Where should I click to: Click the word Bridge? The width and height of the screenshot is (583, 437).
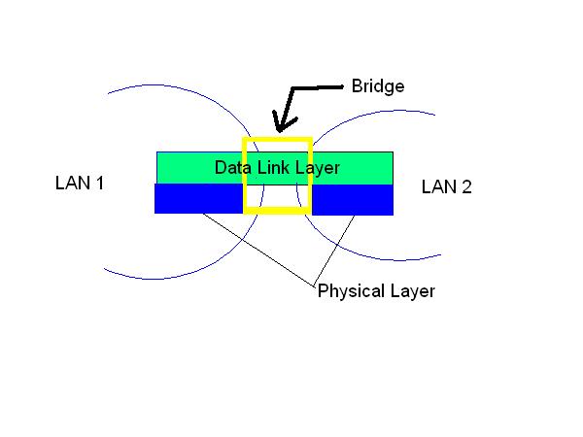(378, 87)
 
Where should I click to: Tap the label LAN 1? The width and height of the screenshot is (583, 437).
(80, 183)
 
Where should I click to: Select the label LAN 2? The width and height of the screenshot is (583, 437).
(447, 186)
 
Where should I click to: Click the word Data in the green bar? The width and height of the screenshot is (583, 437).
(233, 168)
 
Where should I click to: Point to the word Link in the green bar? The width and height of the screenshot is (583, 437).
(273, 167)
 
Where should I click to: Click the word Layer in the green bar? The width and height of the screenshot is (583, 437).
(318, 168)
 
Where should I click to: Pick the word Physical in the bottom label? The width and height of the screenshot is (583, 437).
(351, 291)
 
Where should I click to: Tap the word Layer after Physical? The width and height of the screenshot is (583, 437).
(413, 291)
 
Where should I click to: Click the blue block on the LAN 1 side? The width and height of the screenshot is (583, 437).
(199, 199)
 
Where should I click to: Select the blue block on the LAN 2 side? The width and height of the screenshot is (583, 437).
(353, 199)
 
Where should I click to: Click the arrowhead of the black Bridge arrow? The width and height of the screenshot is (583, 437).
(281, 124)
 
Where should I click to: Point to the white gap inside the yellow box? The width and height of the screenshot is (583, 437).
(277, 196)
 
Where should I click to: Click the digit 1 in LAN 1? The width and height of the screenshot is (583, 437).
(100, 183)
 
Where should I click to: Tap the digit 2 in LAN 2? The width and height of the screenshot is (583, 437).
(466, 186)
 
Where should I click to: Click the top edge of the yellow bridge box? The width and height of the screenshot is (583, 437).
(277, 140)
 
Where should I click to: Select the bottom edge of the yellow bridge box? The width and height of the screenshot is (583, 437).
(277, 211)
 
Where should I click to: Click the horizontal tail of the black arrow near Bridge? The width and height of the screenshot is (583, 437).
(317, 87)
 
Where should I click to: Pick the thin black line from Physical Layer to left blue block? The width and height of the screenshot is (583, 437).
(258, 250)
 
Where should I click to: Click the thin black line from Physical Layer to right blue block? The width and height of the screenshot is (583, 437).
(334, 250)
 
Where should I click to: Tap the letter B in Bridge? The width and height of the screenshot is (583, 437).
(357, 86)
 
